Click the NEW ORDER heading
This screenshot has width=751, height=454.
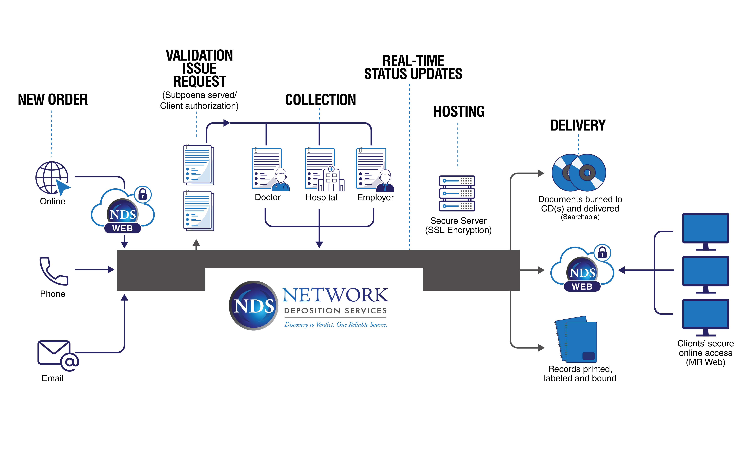point(53,100)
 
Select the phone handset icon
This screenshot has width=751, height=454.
point(53,271)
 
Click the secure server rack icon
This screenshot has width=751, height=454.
point(457,193)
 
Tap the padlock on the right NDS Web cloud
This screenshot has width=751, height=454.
point(602,253)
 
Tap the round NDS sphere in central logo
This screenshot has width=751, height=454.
point(253,305)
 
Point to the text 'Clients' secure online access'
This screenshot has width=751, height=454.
point(705,348)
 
